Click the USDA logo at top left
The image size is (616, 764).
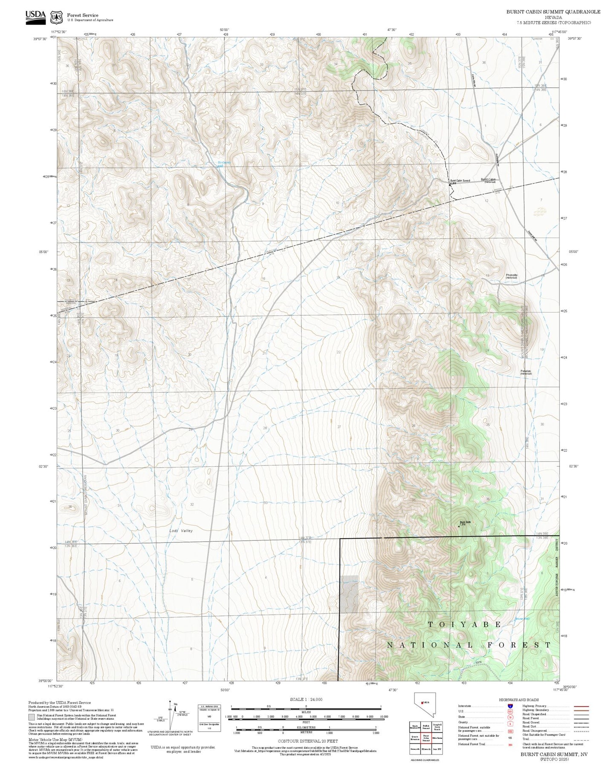tap(35, 15)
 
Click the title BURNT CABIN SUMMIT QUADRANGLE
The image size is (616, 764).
tap(553, 12)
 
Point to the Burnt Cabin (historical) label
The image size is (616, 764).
tap(489, 180)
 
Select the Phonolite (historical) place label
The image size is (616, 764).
tap(511, 276)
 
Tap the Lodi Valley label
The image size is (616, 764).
tap(181, 531)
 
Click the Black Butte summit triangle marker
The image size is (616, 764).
tap(459, 526)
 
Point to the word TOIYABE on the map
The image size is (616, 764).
tap(465, 624)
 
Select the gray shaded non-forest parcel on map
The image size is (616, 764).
tap(349, 594)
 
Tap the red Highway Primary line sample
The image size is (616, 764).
tap(581, 706)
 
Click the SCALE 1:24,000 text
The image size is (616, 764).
tap(306, 699)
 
